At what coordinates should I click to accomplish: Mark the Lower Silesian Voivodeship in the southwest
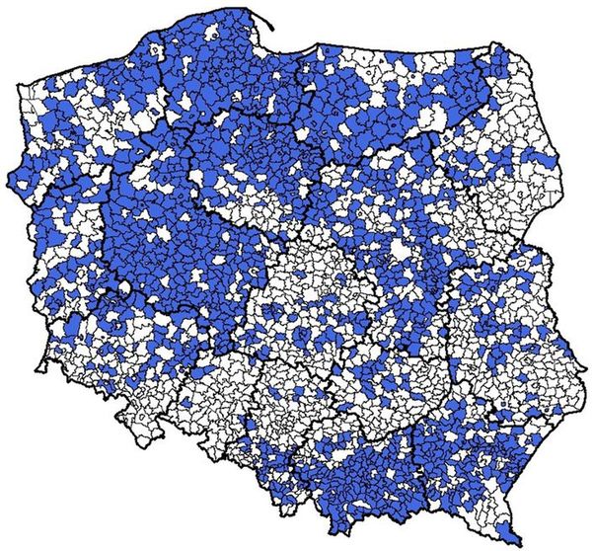pyautogui.click(x=118, y=365)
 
